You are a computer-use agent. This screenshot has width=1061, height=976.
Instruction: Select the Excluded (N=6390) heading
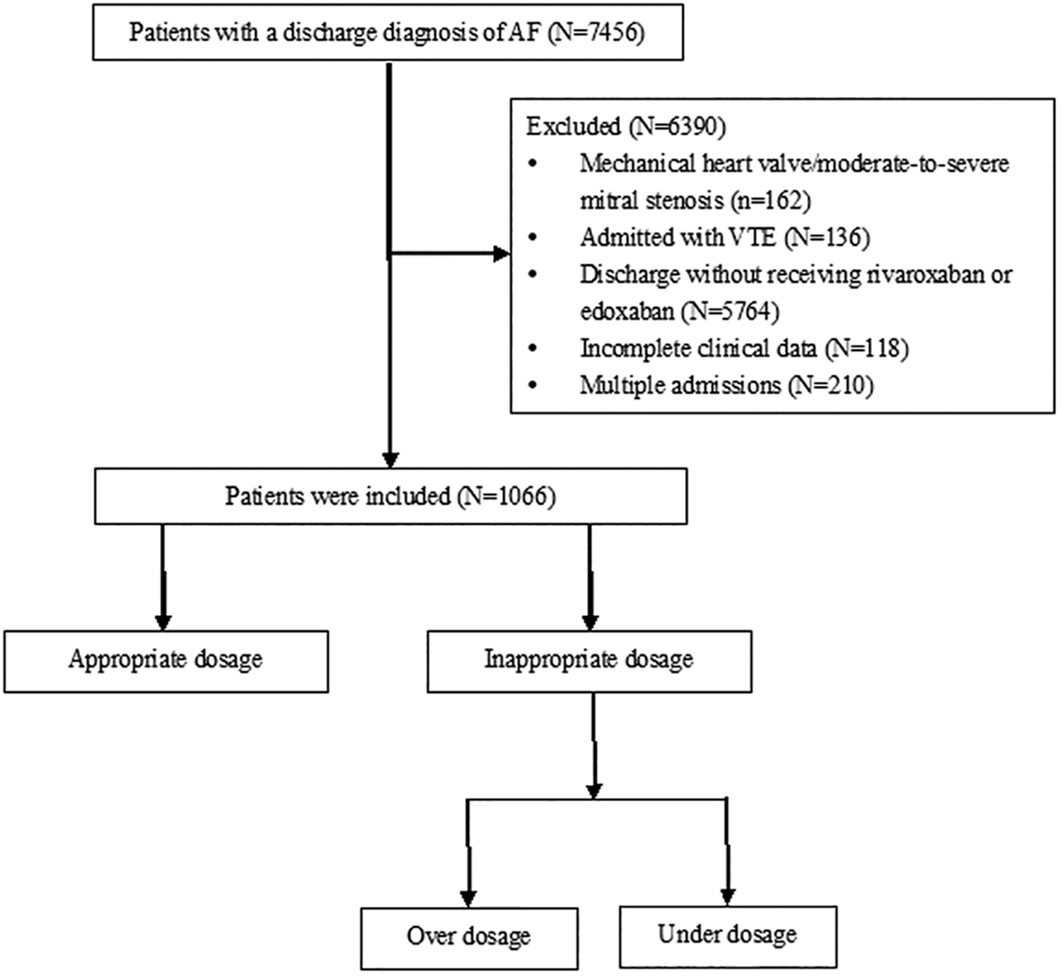(x=625, y=126)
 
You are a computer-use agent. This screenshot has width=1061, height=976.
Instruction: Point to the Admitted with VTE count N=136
(x=826, y=237)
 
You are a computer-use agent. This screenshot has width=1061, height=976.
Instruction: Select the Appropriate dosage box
(x=166, y=661)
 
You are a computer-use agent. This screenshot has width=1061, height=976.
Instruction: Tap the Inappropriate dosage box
(x=589, y=661)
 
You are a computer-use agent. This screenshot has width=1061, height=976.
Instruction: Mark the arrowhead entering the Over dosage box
(x=468, y=897)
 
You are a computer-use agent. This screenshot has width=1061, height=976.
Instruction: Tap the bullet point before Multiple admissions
(x=533, y=385)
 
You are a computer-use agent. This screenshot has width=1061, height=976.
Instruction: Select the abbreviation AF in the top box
(x=525, y=33)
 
